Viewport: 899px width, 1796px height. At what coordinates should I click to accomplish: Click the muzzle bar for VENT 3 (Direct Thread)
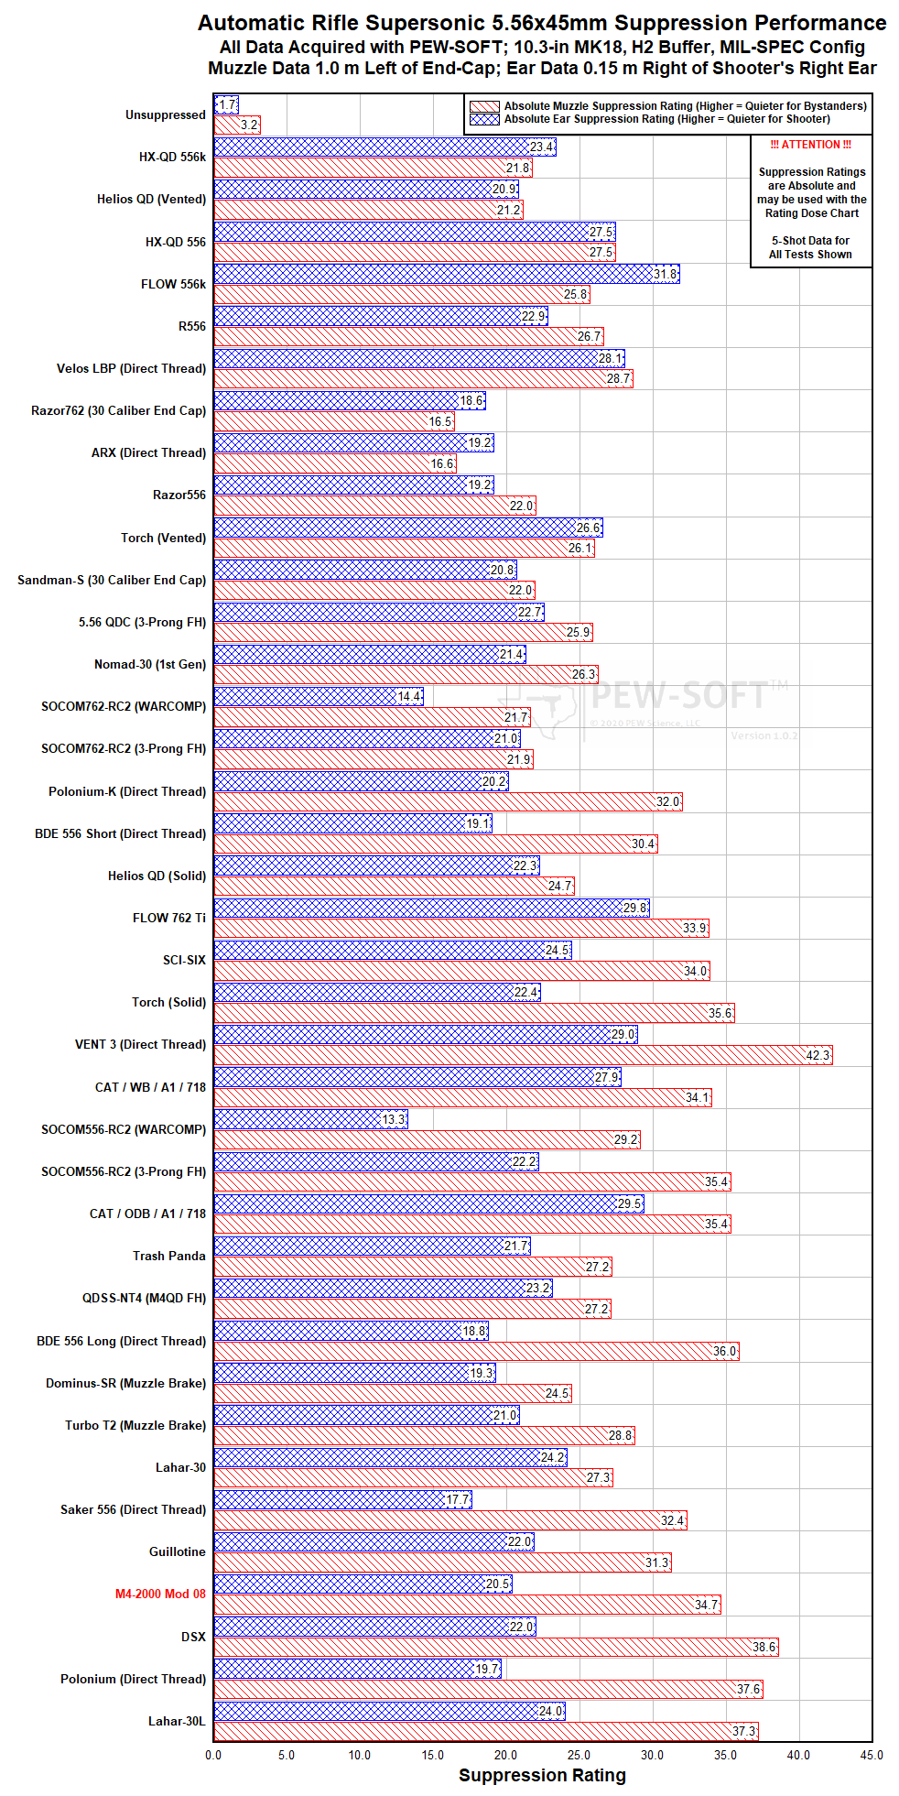(523, 1055)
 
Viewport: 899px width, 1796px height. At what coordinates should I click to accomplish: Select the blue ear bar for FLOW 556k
(447, 274)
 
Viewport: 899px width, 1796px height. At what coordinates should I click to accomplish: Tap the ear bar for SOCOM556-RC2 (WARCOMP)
(311, 1119)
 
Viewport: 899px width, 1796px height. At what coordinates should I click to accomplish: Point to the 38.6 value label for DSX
(764, 1647)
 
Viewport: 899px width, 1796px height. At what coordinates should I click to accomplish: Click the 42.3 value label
(818, 1055)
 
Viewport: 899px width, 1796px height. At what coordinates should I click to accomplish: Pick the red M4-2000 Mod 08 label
(160, 1594)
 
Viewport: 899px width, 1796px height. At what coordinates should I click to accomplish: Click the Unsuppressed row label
(166, 114)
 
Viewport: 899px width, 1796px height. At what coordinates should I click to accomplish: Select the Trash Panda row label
(169, 1256)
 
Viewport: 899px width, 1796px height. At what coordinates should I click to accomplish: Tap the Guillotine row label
(178, 1551)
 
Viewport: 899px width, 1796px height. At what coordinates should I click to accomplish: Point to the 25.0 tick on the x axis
(579, 1755)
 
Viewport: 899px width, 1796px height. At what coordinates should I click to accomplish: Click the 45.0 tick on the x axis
(872, 1755)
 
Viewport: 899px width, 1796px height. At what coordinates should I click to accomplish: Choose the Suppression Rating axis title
(542, 1775)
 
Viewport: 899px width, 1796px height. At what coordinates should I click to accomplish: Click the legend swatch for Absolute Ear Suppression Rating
(484, 119)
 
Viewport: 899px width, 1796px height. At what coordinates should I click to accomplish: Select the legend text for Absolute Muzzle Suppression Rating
(686, 106)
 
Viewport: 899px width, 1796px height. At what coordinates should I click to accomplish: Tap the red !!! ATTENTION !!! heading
(811, 145)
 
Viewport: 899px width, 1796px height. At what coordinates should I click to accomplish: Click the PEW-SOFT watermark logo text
(679, 695)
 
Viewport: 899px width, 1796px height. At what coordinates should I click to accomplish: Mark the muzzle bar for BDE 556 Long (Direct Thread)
(476, 1351)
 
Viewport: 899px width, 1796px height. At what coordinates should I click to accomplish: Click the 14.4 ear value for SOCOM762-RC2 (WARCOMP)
(410, 696)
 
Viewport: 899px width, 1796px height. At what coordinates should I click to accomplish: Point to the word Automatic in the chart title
(246, 23)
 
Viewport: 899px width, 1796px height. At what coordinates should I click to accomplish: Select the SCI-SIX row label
(184, 960)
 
